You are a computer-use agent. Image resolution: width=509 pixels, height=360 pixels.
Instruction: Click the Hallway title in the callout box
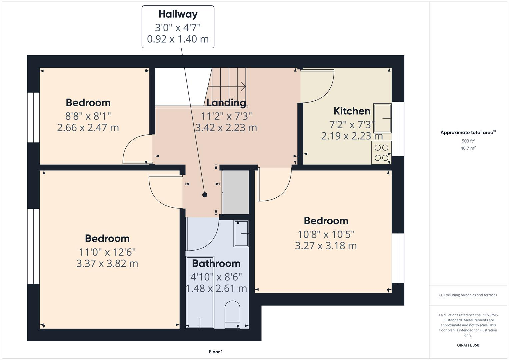click(x=178, y=14)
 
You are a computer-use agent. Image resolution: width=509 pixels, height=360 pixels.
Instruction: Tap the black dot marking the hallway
click(x=205, y=195)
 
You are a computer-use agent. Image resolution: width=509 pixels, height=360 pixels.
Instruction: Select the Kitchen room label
click(x=352, y=111)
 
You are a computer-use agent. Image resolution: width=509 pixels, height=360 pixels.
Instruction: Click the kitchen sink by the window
click(x=382, y=118)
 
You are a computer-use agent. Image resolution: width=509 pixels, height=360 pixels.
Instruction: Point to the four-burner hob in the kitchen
click(x=381, y=153)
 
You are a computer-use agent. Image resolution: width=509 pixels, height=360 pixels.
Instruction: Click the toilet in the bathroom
click(x=232, y=315)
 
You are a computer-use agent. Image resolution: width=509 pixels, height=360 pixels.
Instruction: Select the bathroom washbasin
click(x=241, y=234)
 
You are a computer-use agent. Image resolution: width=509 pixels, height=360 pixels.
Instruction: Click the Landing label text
click(x=226, y=102)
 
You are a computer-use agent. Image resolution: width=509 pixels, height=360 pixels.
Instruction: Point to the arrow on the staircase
click(x=243, y=87)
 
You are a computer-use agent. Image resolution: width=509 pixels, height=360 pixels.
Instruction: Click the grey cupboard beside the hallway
click(x=235, y=192)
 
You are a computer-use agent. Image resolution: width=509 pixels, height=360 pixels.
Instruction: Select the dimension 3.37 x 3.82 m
click(x=107, y=263)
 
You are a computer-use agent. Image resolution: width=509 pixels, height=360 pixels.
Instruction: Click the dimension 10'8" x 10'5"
click(x=326, y=234)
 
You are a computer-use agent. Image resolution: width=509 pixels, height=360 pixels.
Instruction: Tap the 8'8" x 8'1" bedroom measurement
click(x=88, y=116)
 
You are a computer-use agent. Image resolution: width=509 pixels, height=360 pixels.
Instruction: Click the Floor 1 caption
click(x=216, y=352)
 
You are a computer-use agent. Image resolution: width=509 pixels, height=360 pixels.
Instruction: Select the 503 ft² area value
click(x=468, y=141)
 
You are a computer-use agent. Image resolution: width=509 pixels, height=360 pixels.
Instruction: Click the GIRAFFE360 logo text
click(x=468, y=345)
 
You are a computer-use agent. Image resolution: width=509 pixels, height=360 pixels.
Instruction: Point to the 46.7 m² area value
click(x=468, y=148)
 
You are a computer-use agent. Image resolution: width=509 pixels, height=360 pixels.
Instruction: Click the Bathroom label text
click(x=216, y=263)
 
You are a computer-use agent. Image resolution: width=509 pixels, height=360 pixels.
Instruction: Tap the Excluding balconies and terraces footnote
click(x=468, y=295)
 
